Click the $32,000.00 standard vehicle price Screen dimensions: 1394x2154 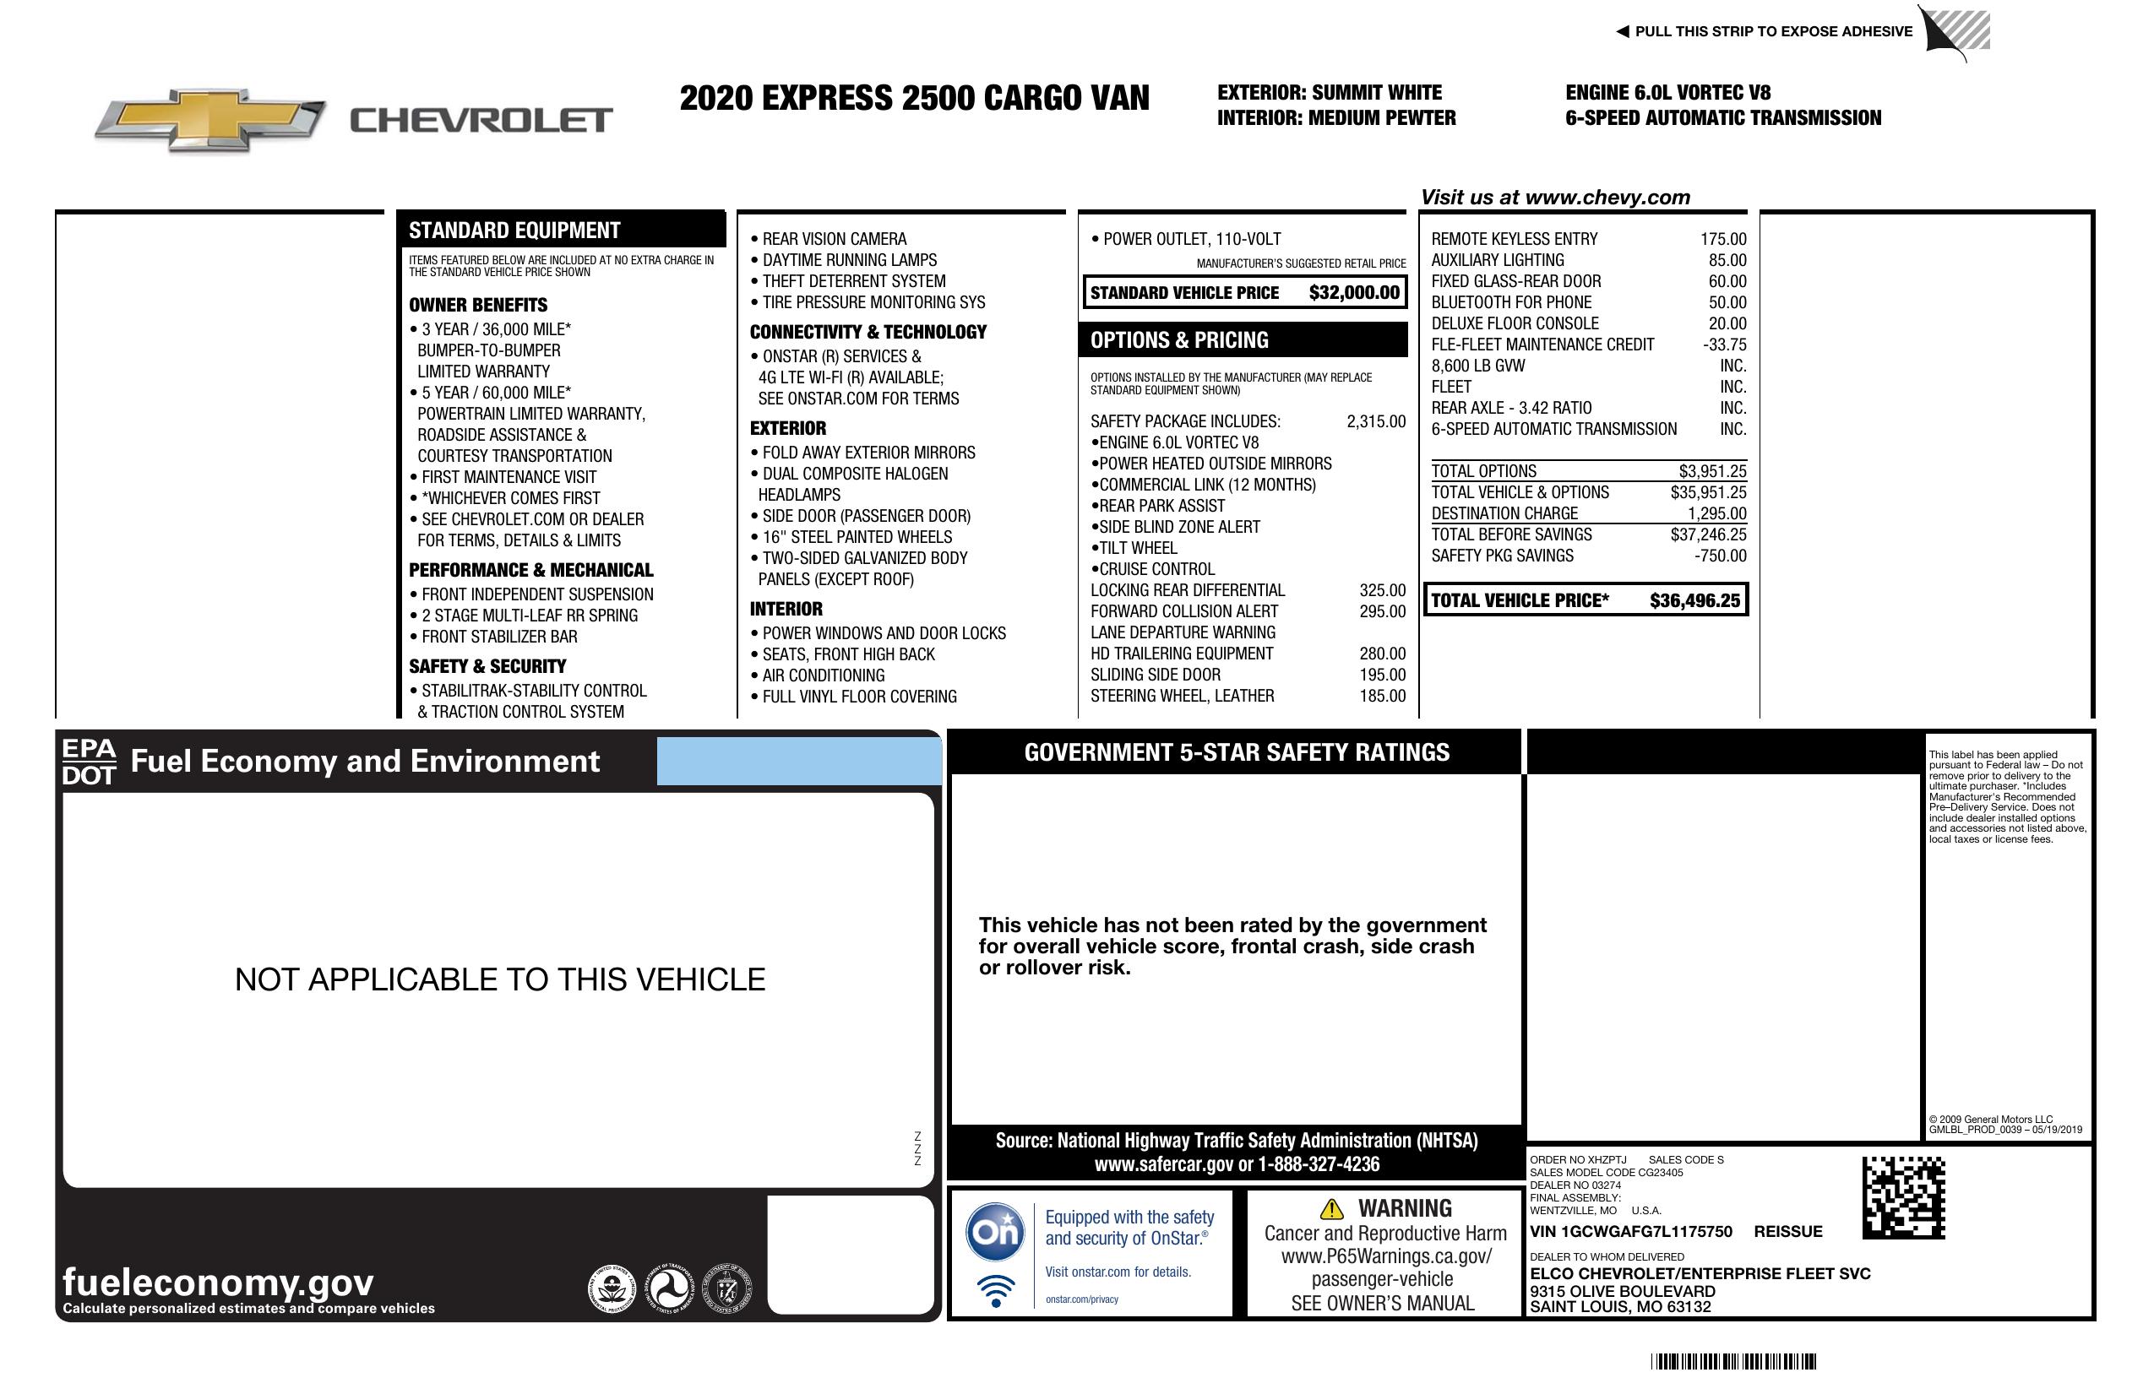1353,292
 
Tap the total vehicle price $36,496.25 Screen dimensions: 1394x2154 1694,600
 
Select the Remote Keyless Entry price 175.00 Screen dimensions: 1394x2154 1722,239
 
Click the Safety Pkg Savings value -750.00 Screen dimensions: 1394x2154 1720,556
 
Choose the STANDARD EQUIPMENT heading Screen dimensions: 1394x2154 514,231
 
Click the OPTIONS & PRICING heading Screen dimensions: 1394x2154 1178,340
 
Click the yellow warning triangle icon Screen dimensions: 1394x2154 1331,1208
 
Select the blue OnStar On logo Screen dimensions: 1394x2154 995,1231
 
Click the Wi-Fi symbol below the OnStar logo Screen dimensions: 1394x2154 996,1289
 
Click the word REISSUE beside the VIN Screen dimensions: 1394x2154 1787,1231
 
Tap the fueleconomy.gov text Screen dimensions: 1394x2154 218,1282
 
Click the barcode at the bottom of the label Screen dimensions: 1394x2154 1732,1360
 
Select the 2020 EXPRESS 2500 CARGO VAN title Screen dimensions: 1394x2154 914,98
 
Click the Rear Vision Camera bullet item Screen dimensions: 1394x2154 833,239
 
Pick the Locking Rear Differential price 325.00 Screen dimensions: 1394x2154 1382,590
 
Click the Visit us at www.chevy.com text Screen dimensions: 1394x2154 1554,198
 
